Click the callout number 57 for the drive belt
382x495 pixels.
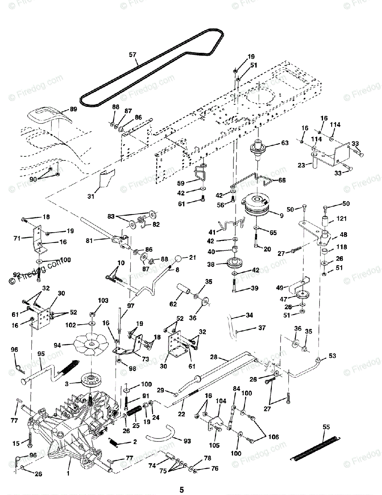tap(132, 54)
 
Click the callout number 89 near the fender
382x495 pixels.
tap(73, 109)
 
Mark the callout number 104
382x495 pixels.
tap(221, 401)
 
